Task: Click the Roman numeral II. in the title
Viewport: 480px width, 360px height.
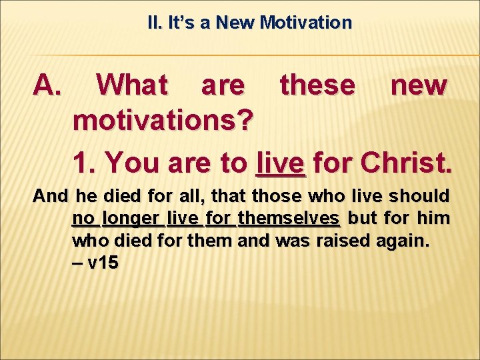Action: (154, 23)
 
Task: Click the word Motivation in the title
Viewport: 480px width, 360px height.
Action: (306, 23)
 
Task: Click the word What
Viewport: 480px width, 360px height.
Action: (132, 85)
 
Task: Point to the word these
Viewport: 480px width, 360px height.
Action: (317, 85)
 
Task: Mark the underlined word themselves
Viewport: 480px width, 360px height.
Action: (289, 218)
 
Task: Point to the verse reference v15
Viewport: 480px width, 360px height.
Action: (102, 263)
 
